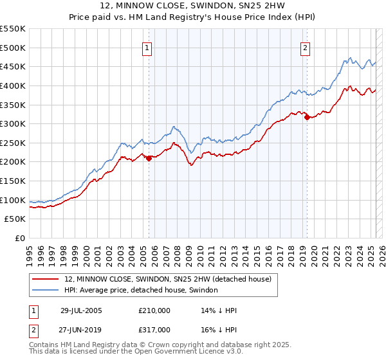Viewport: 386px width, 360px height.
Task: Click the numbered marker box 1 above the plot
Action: tap(147, 48)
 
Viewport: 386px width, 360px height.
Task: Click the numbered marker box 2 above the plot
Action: tap(305, 48)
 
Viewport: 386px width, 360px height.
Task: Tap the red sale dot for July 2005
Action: tap(149, 157)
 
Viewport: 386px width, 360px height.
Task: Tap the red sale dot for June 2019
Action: tap(307, 117)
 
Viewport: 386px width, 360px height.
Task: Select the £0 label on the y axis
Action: tap(19, 238)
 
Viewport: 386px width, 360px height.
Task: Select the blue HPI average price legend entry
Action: tap(142, 291)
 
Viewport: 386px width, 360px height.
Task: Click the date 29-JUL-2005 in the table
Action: tap(81, 310)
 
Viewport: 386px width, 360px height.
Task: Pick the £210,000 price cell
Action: tap(154, 310)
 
